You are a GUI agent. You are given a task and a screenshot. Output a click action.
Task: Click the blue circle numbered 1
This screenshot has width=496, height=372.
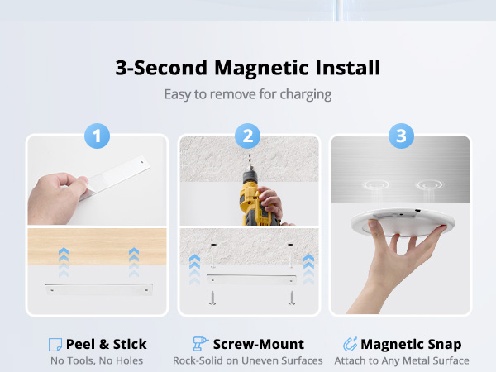98,136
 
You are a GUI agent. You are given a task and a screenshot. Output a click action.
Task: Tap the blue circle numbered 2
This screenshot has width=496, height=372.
249,136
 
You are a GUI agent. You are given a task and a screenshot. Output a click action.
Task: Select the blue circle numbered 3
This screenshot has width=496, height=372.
401,136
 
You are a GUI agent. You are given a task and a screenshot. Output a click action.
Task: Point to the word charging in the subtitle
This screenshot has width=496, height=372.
303,94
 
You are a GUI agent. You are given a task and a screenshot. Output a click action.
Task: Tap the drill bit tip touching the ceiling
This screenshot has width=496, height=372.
248,165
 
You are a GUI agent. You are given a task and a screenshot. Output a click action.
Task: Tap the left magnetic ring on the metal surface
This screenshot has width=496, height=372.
381,183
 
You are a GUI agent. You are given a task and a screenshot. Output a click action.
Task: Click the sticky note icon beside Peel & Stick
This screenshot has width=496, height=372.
55,344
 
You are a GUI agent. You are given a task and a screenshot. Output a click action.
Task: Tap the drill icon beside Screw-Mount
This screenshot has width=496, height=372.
199,344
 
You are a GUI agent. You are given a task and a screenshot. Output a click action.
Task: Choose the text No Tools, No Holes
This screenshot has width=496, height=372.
98,360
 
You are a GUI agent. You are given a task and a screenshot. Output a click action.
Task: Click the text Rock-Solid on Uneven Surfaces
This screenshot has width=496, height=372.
248,360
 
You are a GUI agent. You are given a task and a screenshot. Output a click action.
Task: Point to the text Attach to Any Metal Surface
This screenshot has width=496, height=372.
402,360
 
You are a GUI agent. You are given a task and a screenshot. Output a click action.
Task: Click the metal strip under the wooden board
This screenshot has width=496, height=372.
98,290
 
